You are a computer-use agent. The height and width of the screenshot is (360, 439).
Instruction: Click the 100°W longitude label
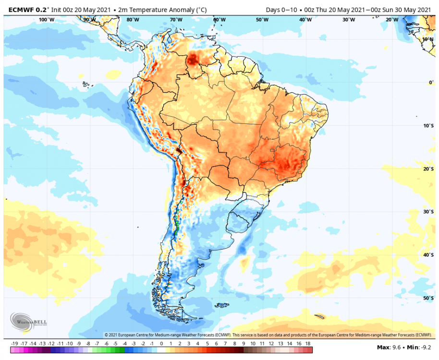pos(46,20)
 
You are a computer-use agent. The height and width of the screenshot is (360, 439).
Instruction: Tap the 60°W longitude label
pos(219,20)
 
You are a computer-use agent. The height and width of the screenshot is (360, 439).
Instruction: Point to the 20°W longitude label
pos(392,20)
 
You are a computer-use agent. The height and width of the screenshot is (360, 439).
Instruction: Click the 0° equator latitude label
pos(431,83)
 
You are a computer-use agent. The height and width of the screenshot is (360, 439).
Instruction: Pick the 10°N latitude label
pos(428,39)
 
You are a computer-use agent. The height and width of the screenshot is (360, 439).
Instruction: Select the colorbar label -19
pos(14,344)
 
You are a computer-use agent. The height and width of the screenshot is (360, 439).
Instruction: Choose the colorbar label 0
pos(161,344)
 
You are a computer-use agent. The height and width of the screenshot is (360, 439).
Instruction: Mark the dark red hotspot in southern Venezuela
pos(194,59)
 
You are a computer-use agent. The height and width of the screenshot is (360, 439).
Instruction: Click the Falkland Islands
pos(221,305)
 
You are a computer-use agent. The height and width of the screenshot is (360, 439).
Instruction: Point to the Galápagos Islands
pos(86,84)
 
